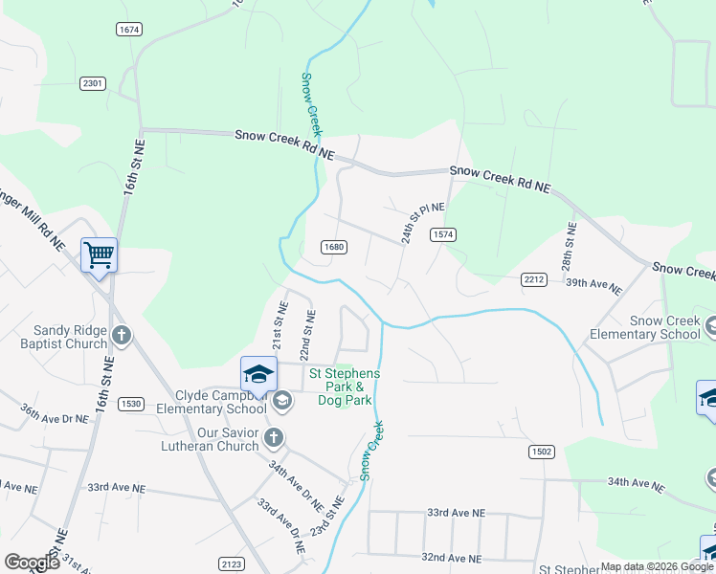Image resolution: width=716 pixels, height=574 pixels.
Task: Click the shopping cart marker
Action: [99, 255]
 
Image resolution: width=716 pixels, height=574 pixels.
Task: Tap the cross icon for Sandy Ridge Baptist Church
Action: [121, 336]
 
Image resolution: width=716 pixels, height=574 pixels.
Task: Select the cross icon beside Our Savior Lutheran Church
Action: [273, 438]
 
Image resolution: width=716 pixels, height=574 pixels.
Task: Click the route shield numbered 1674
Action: [129, 30]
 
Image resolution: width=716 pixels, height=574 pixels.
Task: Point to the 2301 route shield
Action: [93, 84]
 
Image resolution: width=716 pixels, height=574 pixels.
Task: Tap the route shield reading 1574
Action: [442, 234]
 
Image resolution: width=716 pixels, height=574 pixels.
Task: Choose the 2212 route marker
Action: [534, 278]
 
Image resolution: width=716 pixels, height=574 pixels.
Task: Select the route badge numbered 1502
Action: [541, 450]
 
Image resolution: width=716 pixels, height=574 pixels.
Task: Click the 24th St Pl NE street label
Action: [421, 222]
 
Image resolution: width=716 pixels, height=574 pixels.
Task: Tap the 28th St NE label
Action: [570, 246]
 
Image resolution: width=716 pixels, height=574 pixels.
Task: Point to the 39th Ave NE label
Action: [593, 285]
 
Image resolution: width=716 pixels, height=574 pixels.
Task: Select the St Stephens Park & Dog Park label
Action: [344, 386]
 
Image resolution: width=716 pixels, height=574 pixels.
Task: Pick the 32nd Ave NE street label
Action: [452, 557]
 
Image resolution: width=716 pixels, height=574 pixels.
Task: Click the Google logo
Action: [33, 563]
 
